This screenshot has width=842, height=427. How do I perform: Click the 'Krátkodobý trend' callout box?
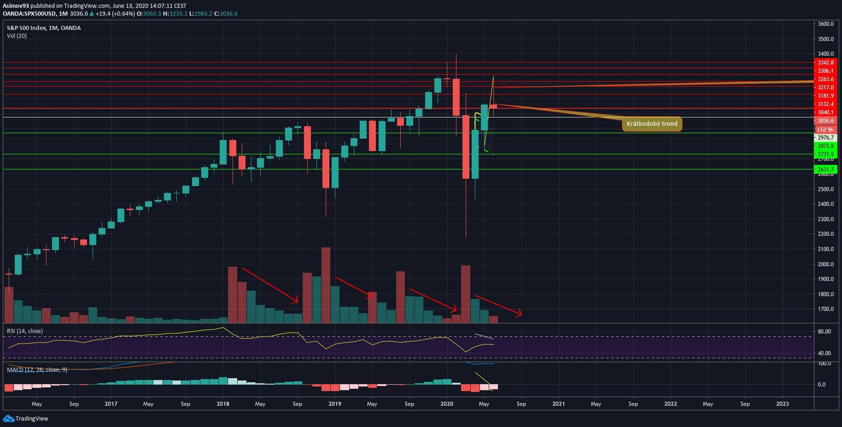[x=652, y=124]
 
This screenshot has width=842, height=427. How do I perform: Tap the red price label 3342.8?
[x=825, y=63]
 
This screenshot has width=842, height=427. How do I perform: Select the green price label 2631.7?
[x=825, y=170]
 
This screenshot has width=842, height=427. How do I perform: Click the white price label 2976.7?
[x=825, y=138]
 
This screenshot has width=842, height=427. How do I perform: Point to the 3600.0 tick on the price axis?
[x=825, y=24]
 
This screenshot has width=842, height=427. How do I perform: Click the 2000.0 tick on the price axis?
[x=825, y=264]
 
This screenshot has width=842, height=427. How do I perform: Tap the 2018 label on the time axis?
[x=222, y=404]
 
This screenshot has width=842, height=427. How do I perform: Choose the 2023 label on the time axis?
[x=782, y=404]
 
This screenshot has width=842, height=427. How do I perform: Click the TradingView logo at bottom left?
[x=26, y=419]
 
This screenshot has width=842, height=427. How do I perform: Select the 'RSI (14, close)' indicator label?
[x=25, y=331]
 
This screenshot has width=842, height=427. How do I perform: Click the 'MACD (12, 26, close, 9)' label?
[x=37, y=370]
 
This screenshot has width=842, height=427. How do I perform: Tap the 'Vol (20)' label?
[x=17, y=36]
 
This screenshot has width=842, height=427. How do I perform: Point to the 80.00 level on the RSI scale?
[x=824, y=332]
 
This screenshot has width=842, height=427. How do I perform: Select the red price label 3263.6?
[x=825, y=79]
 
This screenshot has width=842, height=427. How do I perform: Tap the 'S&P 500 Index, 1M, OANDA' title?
[x=44, y=28]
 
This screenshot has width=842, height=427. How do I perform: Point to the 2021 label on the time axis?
[x=558, y=404]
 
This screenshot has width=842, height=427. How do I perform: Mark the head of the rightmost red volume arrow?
[x=521, y=315]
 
